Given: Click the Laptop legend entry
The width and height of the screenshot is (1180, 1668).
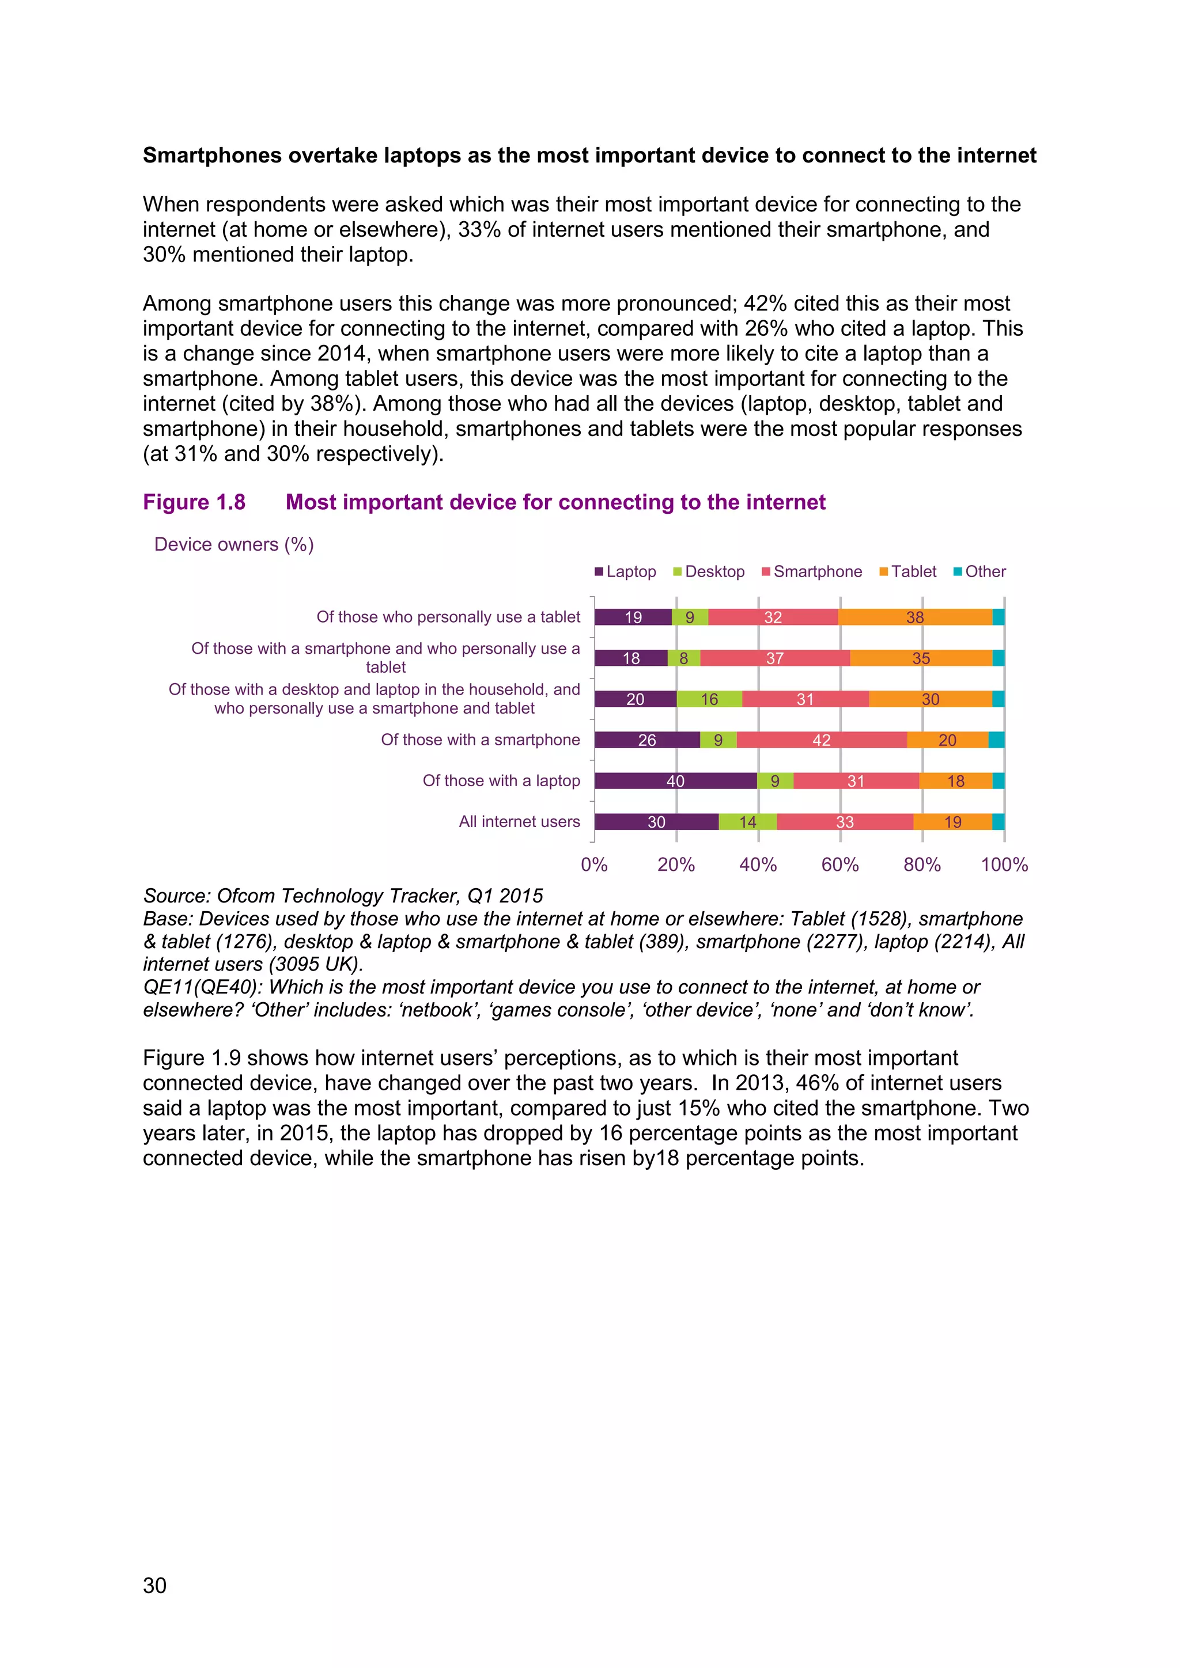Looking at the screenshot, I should (x=626, y=572).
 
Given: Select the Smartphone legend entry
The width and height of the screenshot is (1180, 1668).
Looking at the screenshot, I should (x=812, y=572).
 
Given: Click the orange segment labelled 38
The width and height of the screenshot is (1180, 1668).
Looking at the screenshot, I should (x=915, y=617).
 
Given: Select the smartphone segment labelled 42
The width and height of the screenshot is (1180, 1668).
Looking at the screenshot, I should (x=821, y=740).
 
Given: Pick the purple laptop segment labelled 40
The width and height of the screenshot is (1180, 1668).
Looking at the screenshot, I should (x=675, y=781).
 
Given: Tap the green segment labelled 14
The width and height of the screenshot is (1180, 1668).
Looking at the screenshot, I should (x=748, y=822).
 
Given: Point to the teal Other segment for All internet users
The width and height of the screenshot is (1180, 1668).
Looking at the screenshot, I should (x=999, y=822).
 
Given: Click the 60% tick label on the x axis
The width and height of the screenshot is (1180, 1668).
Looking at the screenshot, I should (x=840, y=865).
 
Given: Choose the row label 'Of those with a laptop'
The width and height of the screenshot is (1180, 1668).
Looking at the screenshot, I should (x=501, y=781).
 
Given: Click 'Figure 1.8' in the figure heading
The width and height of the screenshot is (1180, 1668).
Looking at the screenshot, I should (x=194, y=502).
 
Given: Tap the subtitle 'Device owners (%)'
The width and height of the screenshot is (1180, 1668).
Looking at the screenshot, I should (x=234, y=545).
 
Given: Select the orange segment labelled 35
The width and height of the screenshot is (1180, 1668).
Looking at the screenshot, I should (x=921, y=658).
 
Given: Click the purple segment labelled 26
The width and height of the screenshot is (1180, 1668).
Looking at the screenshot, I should (x=646, y=740).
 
